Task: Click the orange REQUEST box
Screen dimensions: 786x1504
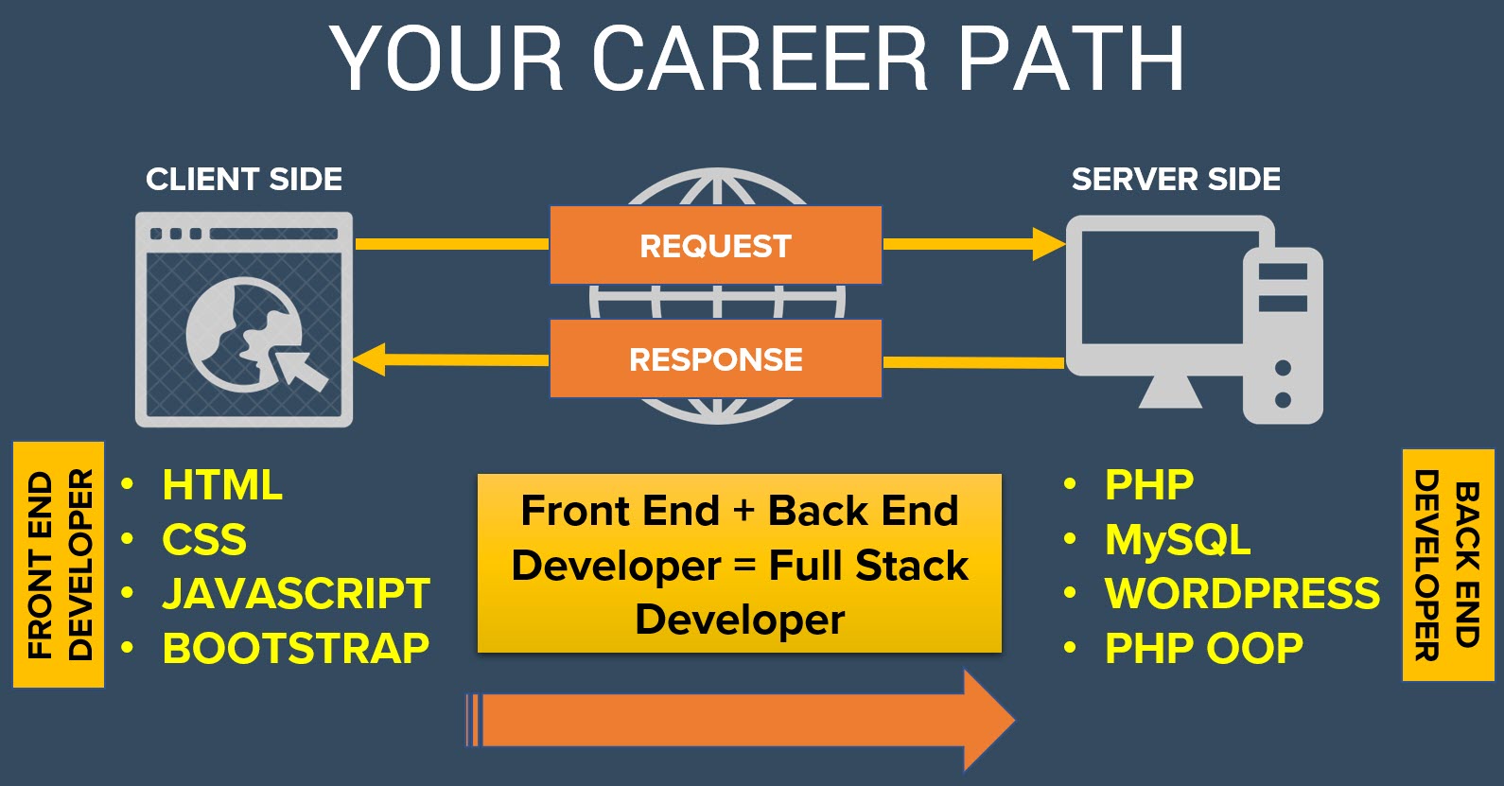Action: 715,245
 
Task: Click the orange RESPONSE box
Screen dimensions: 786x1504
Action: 715,359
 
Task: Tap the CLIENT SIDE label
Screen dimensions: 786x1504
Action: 244,179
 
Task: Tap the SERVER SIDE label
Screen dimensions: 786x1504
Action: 1176,179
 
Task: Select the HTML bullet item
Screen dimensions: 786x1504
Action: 222,485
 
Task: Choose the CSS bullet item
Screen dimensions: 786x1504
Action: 204,540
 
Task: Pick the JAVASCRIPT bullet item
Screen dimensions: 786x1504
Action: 296,594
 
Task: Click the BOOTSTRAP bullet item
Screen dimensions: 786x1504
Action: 296,649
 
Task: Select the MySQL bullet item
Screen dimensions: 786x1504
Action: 1178,540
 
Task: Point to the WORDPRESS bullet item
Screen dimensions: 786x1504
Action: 1242,594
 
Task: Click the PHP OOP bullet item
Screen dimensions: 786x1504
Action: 1203,649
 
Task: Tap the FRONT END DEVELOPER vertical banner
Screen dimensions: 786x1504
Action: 59,565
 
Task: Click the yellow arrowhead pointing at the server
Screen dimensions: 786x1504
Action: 1048,244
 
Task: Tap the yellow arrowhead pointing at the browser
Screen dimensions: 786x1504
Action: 370,359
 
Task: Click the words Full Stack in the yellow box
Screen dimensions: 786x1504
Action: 868,566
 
